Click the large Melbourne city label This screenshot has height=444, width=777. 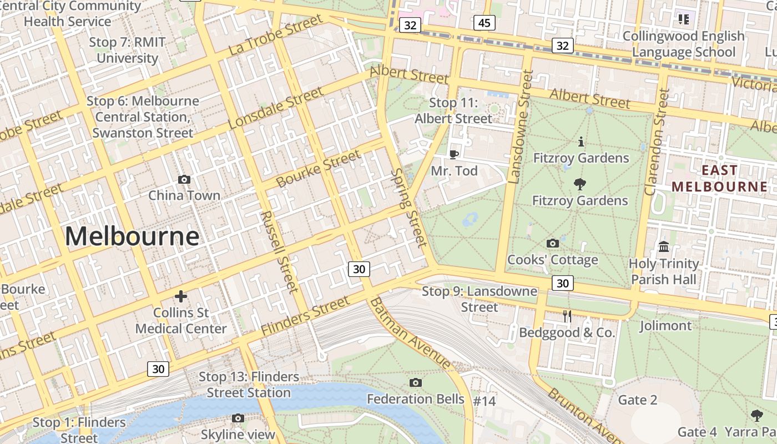click(x=132, y=236)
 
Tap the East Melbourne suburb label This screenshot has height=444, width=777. click(x=720, y=178)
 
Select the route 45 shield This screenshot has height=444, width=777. click(x=485, y=23)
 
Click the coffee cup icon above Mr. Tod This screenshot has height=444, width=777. click(x=454, y=155)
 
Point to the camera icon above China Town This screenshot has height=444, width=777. click(x=184, y=179)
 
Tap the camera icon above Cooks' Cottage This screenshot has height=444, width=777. click(x=552, y=243)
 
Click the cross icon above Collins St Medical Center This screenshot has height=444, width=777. click(x=181, y=296)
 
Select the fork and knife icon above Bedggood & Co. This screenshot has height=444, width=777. click(x=567, y=316)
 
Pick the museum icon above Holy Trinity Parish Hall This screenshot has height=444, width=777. click(x=664, y=246)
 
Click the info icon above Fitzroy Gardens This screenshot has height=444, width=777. click(x=581, y=142)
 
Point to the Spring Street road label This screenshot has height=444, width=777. click(x=408, y=208)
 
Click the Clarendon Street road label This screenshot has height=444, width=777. click(x=658, y=142)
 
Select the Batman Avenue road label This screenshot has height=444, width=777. click(x=410, y=333)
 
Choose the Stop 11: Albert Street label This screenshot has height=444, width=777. click(x=453, y=110)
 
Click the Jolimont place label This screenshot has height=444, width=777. click(x=665, y=325)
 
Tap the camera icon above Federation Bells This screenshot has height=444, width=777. click(x=415, y=382)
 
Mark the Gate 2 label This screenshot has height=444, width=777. click(x=638, y=400)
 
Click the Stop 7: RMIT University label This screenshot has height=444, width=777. click(x=127, y=50)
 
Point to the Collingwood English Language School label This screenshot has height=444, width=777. click(x=684, y=44)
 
